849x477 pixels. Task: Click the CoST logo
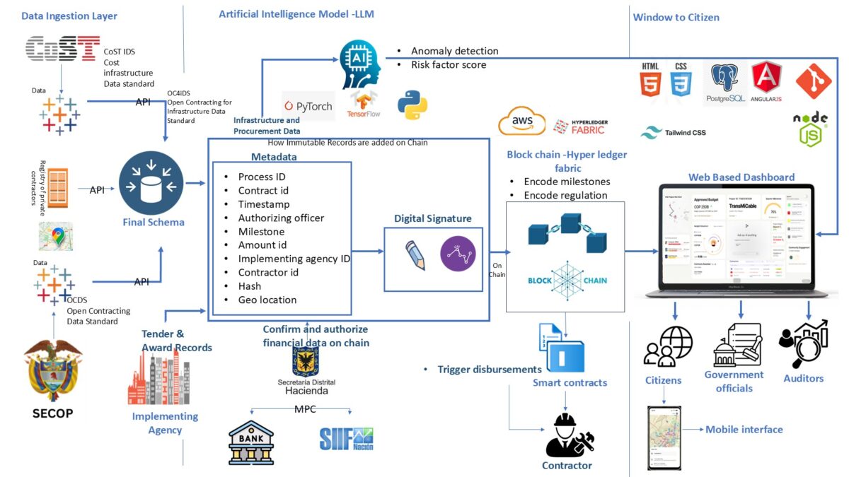point(62,49)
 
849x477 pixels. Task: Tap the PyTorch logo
point(308,106)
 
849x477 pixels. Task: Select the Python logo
point(412,104)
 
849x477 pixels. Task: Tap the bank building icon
point(251,442)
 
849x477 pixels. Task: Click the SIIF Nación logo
point(346,439)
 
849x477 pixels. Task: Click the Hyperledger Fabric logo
point(580,126)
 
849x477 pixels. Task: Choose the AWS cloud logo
point(522,122)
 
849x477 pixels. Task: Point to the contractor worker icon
point(566,435)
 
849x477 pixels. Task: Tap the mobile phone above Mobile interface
point(664,437)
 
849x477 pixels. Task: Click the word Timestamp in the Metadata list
point(264,204)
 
